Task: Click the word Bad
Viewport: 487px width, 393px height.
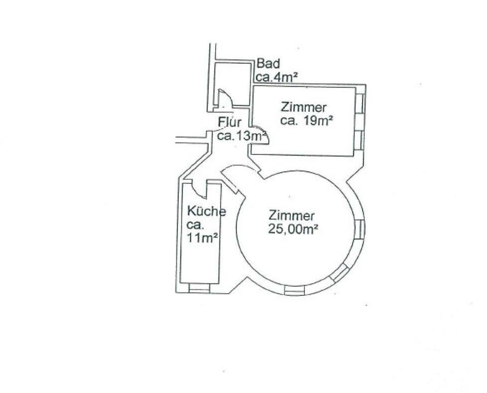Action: point(268,64)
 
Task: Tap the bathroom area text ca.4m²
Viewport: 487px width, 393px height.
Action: point(276,77)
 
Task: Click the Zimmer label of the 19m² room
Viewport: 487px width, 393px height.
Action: point(303,107)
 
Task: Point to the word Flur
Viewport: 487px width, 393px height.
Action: point(229,123)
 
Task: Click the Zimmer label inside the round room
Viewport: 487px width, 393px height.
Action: point(292,216)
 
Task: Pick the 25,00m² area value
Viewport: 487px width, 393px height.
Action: point(294,229)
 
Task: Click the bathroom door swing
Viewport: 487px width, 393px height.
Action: point(225,99)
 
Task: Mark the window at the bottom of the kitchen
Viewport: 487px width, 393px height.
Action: point(199,288)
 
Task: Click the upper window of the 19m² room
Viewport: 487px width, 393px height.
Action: point(359,104)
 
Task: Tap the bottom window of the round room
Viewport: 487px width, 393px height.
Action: point(295,290)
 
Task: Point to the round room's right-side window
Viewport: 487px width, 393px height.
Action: point(360,228)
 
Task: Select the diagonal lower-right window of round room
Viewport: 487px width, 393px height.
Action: point(338,272)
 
